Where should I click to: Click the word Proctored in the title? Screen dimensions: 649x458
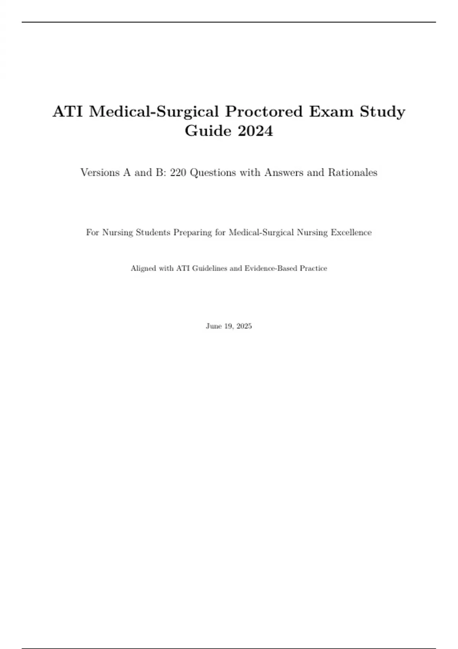pyautogui.click(x=264, y=111)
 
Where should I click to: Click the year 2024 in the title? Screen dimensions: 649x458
pyautogui.click(x=255, y=131)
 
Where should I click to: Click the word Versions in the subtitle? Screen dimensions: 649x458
pyautogui.click(x=100, y=173)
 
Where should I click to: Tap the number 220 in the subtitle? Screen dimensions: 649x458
pyautogui.click(x=178, y=173)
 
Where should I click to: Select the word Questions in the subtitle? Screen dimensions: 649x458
pyautogui.click(x=213, y=173)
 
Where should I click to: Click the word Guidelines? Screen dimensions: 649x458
pyautogui.click(x=210, y=268)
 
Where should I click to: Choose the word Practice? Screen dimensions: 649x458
pyautogui.click(x=313, y=268)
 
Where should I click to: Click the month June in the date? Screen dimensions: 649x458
pyautogui.click(x=213, y=326)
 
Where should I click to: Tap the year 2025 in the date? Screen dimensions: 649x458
pyautogui.click(x=244, y=326)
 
